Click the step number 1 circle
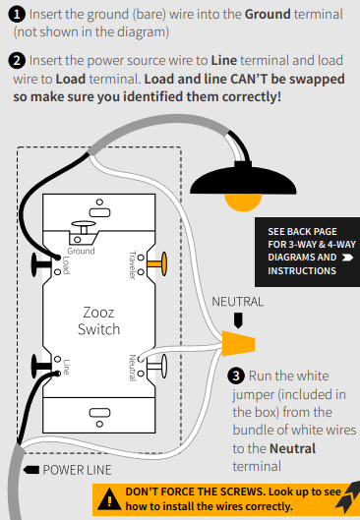[17, 15]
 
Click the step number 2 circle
[17, 61]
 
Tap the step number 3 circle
[236, 376]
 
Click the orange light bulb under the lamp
[243, 202]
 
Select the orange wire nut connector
[238, 343]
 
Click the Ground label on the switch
[81, 251]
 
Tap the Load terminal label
[66, 265]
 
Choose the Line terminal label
[66, 367]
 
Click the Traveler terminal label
[133, 265]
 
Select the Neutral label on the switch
[133, 368]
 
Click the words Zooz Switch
[99, 320]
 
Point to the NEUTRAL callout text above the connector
[238, 302]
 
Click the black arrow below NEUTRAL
[238, 320]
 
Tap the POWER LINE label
[77, 470]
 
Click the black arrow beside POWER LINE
[31, 470]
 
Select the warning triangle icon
[109, 500]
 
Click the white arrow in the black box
[347, 258]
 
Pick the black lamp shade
[243, 180]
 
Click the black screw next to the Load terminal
[41, 264]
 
